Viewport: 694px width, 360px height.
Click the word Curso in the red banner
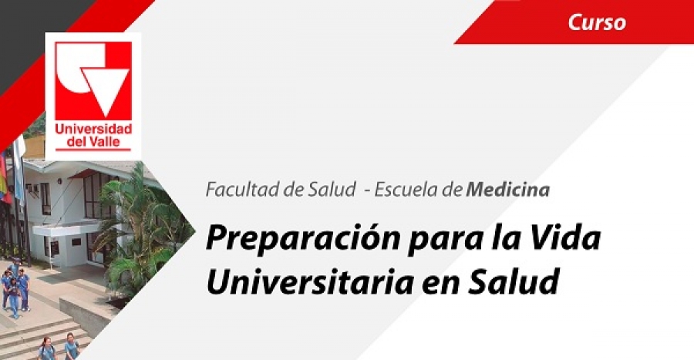(x=597, y=22)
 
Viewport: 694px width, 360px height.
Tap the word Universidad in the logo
(x=93, y=130)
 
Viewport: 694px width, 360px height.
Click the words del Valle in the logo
(x=93, y=142)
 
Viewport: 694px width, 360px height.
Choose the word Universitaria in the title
(x=309, y=281)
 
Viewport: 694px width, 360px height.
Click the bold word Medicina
(x=508, y=190)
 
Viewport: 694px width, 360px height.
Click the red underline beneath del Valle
(x=93, y=150)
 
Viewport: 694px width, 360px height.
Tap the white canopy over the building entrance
(x=66, y=229)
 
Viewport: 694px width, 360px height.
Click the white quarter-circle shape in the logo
(x=73, y=71)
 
